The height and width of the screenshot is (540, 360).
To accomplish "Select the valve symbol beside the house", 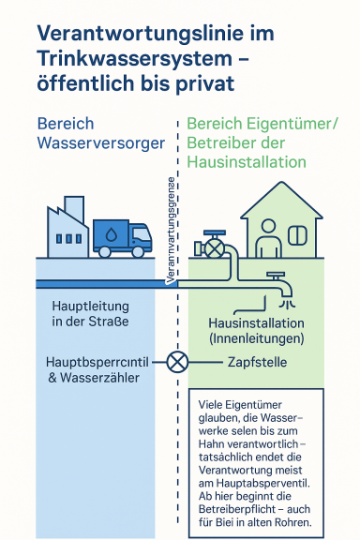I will [x=215, y=247].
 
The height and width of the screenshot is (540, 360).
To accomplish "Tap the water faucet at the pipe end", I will [x=278, y=281].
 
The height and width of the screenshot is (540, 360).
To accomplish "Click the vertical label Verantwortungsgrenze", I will [x=170, y=230].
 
